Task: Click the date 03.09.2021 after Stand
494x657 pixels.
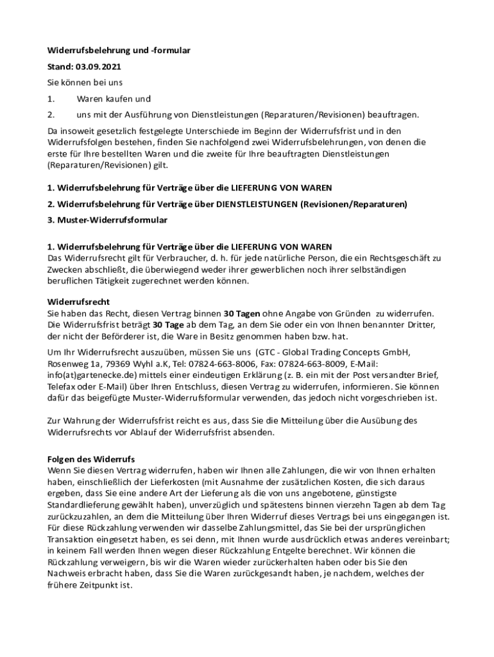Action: click(x=99, y=66)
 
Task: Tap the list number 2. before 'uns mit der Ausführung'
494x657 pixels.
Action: click(x=51, y=115)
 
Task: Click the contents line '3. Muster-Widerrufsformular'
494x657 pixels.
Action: click(x=107, y=220)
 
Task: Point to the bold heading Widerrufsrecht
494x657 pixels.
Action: click(x=78, y=302)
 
